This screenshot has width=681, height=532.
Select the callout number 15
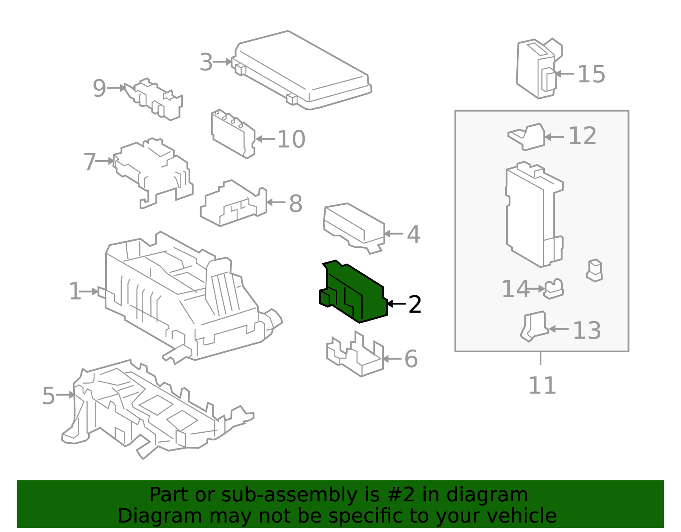[591, 75]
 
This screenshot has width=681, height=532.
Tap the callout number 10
[291, 139]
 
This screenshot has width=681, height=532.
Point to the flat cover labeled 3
[302, 70]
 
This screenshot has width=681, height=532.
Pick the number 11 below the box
[542, 386]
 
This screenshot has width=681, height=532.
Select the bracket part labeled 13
[534, 326]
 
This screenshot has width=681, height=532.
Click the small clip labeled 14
[553, 289]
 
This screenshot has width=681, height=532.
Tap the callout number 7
[90, 162]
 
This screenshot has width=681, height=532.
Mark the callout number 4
[413, 234]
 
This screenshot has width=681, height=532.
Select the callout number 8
[295, 204]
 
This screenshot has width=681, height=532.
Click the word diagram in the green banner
[504, 495]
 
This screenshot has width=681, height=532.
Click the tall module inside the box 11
[532, 215]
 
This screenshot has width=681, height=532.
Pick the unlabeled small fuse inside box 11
[594, 270]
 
